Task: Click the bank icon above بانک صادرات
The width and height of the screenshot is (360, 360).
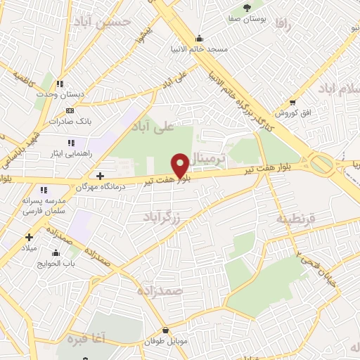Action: tap(69, 110)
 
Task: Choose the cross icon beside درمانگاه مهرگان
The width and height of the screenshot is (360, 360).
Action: tap(100, 175)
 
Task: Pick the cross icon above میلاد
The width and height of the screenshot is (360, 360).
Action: tap(29, 237)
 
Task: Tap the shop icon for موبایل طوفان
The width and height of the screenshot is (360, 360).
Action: tap(165, 330)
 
